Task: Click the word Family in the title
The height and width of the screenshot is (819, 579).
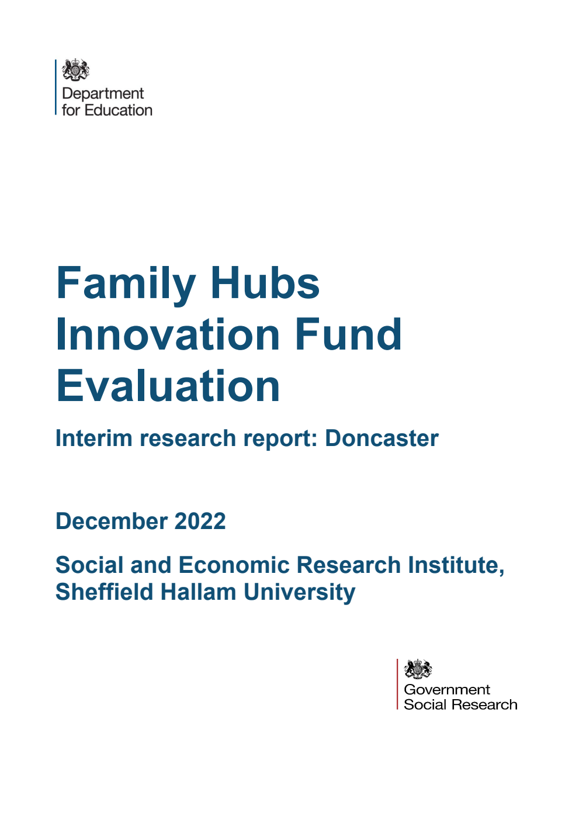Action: pos(126,284)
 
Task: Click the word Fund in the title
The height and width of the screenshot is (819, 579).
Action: pos(348,334)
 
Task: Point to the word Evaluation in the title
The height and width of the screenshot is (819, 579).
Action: pos(168,386)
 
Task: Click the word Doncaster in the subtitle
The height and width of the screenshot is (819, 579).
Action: pos(382,438)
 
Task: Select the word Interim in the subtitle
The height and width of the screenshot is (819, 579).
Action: pos(93,438)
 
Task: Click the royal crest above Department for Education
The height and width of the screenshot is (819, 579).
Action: pos(76,70)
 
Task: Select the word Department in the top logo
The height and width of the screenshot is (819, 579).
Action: pos(103,94)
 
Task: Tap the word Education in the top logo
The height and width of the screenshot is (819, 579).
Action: pos(119,110)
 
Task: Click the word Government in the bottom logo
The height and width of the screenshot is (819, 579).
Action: pos(447,690)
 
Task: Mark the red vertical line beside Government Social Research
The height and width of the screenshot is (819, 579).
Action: pos(398,684)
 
